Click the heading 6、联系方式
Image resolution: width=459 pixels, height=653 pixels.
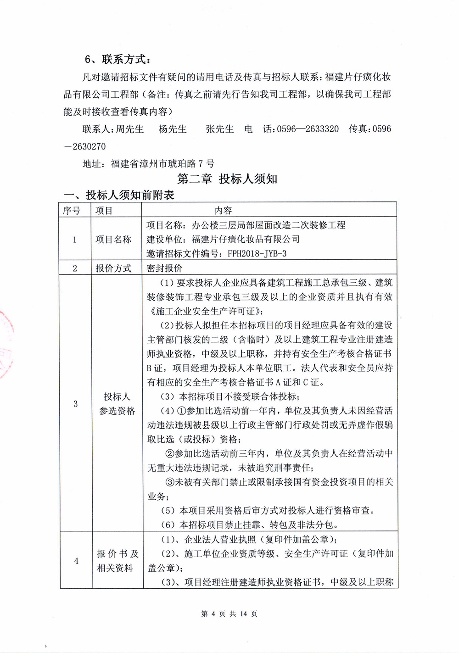click(118, 60)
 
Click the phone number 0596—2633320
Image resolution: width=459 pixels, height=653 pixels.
click(308, 129)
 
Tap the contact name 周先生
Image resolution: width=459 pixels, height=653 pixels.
click(129, 129)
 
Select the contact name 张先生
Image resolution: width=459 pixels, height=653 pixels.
click(220, 129)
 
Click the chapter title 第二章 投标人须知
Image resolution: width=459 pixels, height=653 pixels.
click(227, 179)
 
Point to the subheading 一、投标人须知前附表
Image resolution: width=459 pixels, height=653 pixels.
click(119, 195)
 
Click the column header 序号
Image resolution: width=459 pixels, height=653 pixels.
click(71, 210)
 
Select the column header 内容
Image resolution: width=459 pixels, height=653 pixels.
click(224, 210)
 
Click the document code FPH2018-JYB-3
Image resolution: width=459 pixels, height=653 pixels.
click(257, 253)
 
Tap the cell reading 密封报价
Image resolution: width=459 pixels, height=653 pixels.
click(164, 268)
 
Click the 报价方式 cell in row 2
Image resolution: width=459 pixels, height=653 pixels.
click(113, 268)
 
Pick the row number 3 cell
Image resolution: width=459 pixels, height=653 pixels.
click(76, 404)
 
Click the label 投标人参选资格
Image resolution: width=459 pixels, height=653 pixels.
click(117, 404)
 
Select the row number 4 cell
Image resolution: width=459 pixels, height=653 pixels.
click(76, 561)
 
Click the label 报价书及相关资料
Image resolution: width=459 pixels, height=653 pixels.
click(117, 561)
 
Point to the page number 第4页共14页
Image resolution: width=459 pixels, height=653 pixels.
click(229, 614)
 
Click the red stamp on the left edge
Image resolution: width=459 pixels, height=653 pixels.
click(6, 344)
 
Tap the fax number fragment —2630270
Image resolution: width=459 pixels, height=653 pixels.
click(85, 146)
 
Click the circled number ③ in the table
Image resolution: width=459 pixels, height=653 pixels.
click(169, 482)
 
